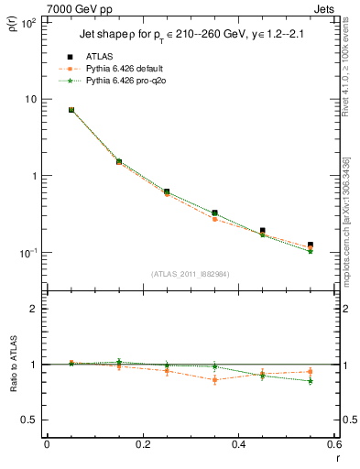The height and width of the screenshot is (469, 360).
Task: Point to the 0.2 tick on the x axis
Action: [x=142, y=444]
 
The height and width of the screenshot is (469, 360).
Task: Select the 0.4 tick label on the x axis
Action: [x=238, y=444]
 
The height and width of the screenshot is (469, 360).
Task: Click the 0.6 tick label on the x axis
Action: [x=333, y=444]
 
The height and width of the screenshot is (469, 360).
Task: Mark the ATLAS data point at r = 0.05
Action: [x=71, y=110]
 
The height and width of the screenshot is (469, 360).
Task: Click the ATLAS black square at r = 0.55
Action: [x=311, y=245]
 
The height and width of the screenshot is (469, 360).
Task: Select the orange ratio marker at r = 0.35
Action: [x=214, y=379]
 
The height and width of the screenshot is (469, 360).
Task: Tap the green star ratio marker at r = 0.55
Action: [x=311, y=381]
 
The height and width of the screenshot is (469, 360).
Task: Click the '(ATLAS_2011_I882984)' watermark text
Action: [x=191, y=274]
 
